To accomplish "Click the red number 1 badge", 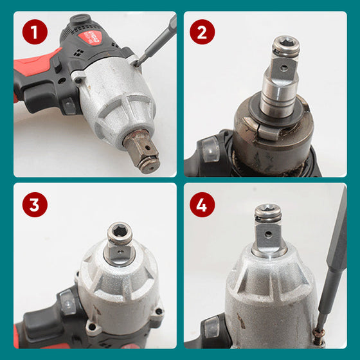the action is [35, 32].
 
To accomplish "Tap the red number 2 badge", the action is [203, 32].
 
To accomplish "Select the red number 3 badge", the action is [35, 204].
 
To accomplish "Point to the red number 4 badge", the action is [203, 204].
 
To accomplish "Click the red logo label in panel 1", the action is [90, 37].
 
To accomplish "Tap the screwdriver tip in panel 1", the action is [137, 64].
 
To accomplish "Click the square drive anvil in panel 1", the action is [142, 151].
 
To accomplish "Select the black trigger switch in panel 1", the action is [57, 65].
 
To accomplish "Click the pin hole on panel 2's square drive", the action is [284, 68].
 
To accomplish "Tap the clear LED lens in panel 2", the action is [210, 148].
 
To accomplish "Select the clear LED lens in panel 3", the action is [67, 302].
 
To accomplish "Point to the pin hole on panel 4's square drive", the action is [268, 234].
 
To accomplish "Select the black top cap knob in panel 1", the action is [81, 18].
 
